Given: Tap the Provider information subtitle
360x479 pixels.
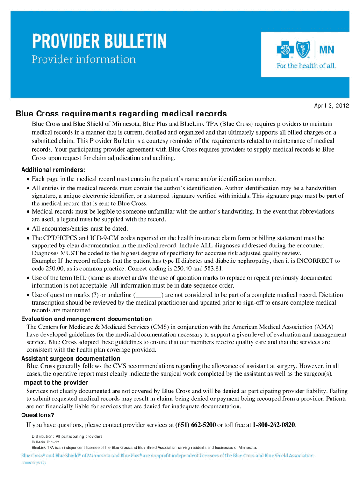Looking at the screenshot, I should coord(84,60).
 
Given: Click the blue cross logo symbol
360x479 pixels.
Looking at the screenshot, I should coord(285,49).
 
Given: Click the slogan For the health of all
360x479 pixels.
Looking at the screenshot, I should coord(306,66).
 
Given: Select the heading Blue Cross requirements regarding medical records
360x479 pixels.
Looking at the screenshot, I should coord(122,114).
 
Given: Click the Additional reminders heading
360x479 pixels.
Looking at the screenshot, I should coord(53,170).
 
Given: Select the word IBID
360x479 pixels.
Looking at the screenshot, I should coord(87,278).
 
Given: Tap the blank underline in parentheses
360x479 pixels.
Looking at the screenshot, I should coord(148,295).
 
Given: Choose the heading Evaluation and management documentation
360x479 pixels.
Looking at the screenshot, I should coord(86,319).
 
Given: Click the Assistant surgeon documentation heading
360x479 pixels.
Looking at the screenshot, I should coord(71,359).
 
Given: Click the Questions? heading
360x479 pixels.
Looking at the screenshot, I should coord(37,415).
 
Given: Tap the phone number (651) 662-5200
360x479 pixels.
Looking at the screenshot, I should coord(195,425).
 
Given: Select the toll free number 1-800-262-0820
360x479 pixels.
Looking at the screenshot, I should coord(274,425).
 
